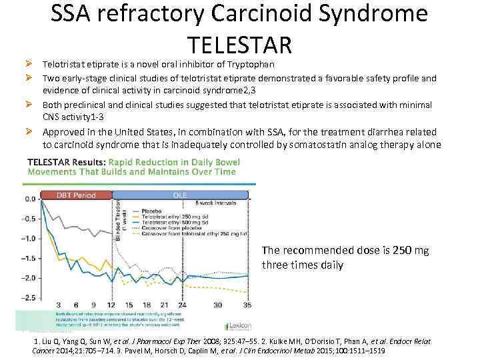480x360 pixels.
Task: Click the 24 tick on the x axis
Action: (182, 305)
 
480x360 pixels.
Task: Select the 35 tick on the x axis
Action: (247, 305)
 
